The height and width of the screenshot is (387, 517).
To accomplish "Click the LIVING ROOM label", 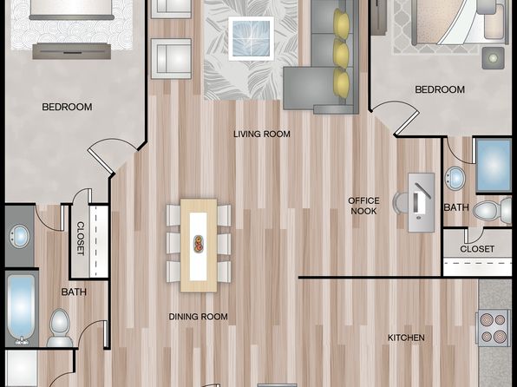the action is pos(262,134).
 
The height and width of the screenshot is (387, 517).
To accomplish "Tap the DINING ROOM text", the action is pos(198,317).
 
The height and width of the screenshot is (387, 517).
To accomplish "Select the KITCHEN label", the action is pos(406,338).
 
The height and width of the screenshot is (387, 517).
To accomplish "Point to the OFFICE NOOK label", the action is pos(363,206).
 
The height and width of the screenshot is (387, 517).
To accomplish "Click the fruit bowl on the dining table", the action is pos(199,244).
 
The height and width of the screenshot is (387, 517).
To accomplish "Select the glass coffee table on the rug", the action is pos(252,38).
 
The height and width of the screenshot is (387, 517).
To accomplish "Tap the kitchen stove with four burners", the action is pos(494,328).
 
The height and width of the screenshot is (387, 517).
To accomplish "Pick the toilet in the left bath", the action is pos(60,328).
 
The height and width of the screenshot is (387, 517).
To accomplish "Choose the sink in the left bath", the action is pos(19,235).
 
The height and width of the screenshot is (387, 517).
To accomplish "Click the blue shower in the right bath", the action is pos(494,165).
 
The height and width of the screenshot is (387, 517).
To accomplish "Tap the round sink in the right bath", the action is pos(455,178).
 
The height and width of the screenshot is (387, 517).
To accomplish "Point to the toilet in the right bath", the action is pos(492,210).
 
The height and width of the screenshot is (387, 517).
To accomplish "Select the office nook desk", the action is pos(421,202).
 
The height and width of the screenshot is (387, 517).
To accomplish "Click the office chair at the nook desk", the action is pos(400,202).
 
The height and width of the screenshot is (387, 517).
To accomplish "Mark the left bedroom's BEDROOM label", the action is pos(67,107).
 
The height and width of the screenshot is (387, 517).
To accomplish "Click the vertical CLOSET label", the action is pos(81,239).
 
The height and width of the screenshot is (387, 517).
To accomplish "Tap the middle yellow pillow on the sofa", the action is pos(341,54).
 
